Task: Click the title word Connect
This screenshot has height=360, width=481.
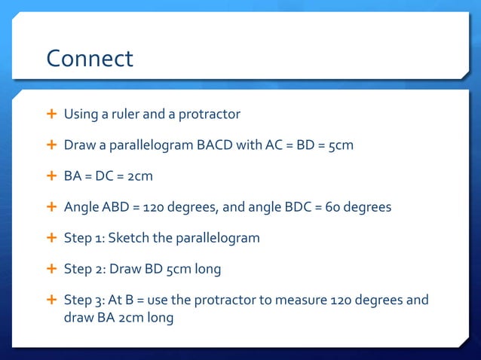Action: tap(89, 58)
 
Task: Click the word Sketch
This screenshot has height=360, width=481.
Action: tap(132, 238)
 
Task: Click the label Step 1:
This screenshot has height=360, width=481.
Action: tap(84, 238)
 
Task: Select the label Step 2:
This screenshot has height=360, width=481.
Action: tap(84, 269)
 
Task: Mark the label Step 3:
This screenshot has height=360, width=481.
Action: tap(84, 301)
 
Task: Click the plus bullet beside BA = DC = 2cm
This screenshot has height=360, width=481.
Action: tap(51, 176)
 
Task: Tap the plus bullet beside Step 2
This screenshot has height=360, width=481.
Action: tap(51, 269)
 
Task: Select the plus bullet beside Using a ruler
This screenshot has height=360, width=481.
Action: tap(51, 114)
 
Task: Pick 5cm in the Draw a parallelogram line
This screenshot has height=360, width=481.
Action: tap(339, 145)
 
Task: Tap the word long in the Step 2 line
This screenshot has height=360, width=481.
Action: tap(209, 269)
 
